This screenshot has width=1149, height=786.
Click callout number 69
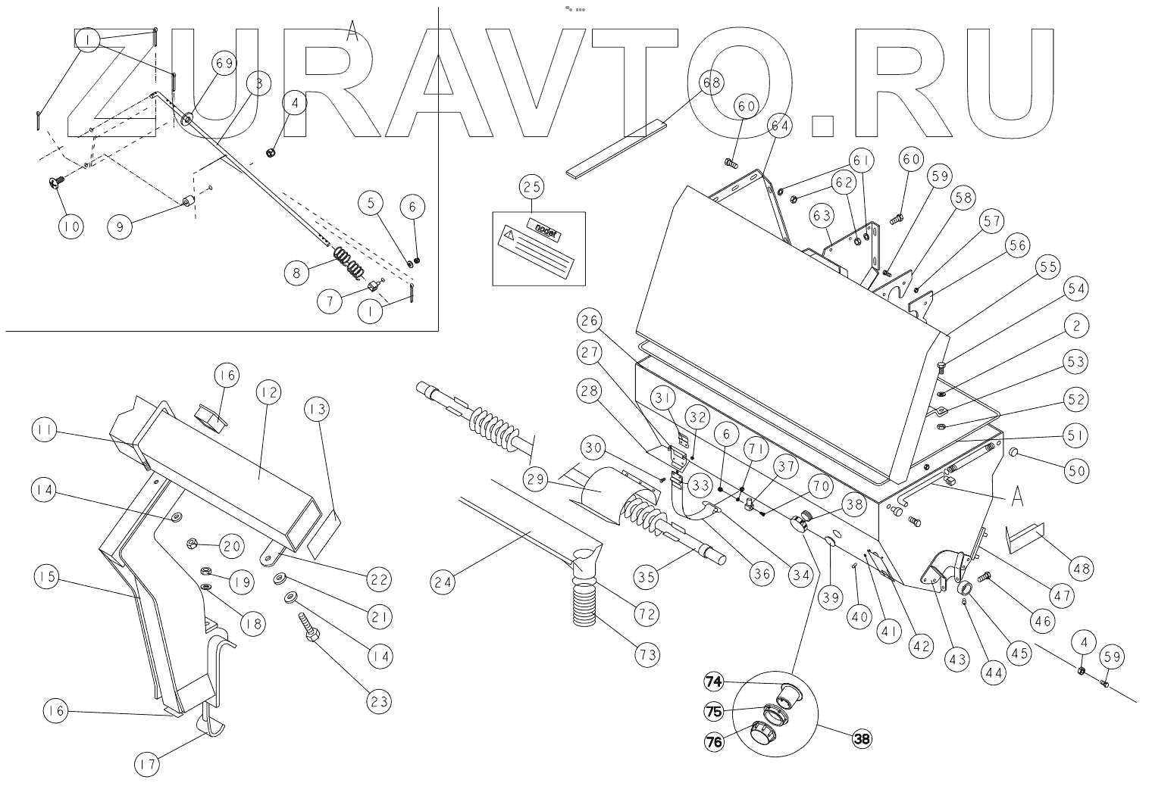pyautogui.click(x=225, y=64)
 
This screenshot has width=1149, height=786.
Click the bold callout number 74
pyautogui.click(x=712, y=682)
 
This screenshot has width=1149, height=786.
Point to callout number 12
pyautogui.click(x=268, y=393)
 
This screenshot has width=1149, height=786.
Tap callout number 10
pyautogui.click(x=70, y=226)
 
